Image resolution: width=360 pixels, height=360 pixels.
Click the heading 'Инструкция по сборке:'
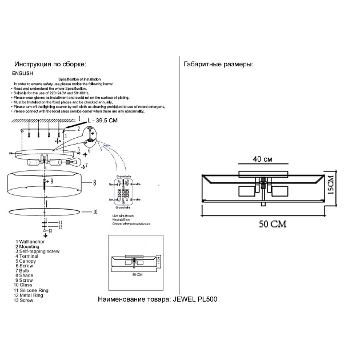50,65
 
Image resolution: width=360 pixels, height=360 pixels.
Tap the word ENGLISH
23,74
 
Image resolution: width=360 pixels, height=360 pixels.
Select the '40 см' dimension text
263,159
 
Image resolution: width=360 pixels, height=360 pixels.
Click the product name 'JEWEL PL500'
195,299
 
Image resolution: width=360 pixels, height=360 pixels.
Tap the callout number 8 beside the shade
95,183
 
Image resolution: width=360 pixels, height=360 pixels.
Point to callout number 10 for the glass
95,211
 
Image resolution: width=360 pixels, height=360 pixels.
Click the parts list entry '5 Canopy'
27,261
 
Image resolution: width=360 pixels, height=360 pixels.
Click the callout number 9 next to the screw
51,181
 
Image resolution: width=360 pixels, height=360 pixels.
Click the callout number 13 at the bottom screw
50,230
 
